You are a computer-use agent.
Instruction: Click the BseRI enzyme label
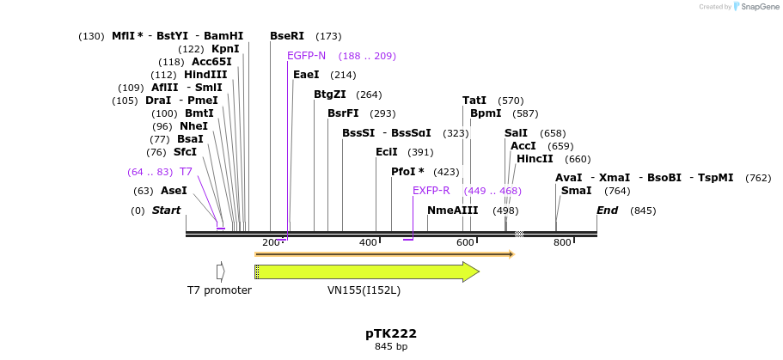(x=287, y=36)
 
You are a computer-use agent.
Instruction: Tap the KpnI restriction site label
(x=225, y=49)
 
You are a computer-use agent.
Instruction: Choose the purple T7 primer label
(x=186, y=172)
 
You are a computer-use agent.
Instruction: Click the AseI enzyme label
(x=174, y=191)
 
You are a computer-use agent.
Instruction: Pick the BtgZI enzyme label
(x=330, y=95)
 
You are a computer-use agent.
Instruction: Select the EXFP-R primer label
(x=431, y=191)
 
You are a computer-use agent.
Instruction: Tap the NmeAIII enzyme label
(x=452, y=211)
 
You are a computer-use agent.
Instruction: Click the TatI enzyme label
(x=474, y=101)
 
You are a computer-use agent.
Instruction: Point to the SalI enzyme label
(x=516, y=133)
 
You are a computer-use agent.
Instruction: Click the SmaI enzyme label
(x=576, y=191)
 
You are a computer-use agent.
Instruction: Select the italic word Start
(x=167, y=211)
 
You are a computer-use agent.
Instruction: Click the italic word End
(x=608, y=211)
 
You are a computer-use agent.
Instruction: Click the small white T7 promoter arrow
(x=221, y=272)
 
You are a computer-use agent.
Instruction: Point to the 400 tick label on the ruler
(x=369, y=243)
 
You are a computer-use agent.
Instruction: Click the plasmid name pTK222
(x=391, y=333)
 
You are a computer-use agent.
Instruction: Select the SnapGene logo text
(x=757, y=7)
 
